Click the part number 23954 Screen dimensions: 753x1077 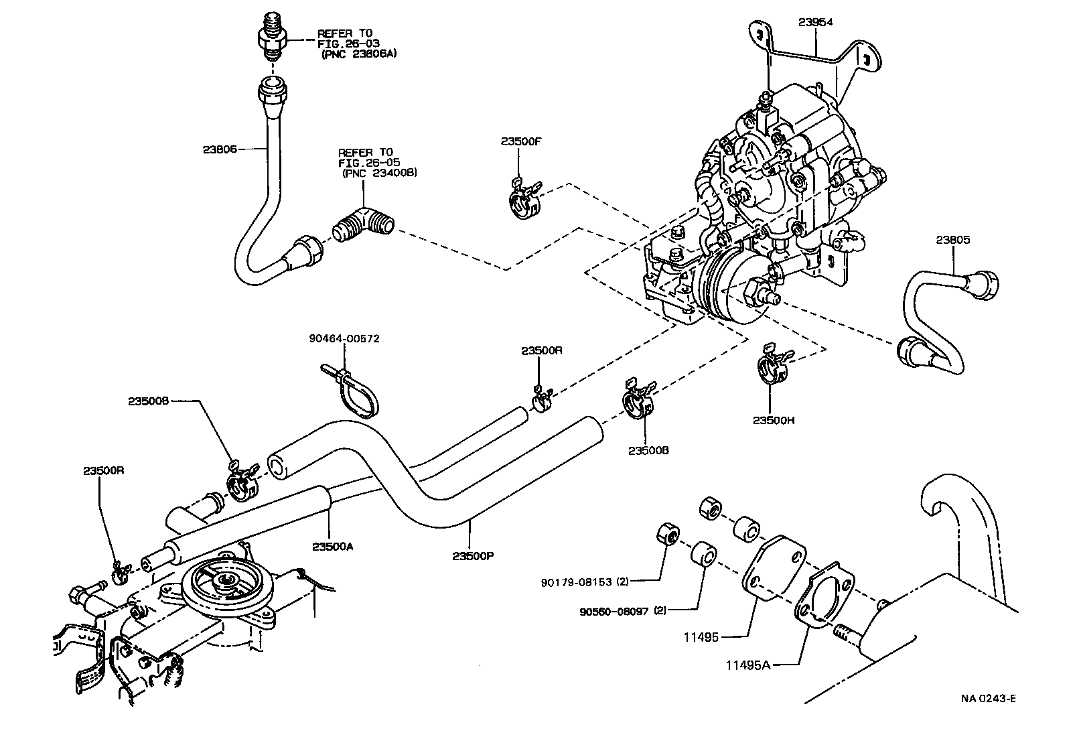coord(815,21)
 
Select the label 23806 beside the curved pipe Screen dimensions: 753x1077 coord(220,150)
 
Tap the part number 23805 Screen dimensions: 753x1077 coord(952,240)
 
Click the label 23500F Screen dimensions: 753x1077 coord(519,141)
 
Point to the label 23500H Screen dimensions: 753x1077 coord(773,420)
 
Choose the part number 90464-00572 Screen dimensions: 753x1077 coord(344,338)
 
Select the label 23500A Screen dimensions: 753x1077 coord(332,546)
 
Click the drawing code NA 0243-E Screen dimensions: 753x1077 coord(989,699)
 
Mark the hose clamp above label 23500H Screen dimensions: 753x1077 coord(772,366)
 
